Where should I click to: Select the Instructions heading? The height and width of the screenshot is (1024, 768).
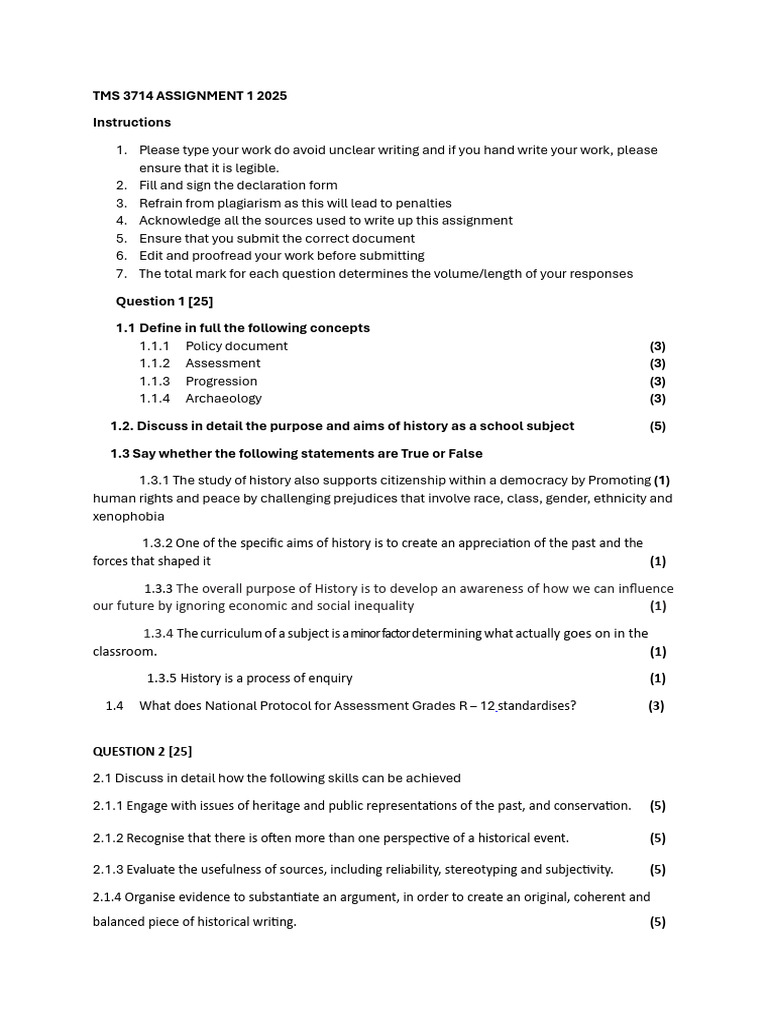click(132, 122)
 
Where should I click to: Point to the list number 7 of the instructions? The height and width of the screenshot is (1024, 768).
click(121, 273)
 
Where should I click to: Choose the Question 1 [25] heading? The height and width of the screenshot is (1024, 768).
click(164, 301)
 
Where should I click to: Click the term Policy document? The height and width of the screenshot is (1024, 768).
click(236, 346)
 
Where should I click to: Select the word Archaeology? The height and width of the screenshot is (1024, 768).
click(223, 398)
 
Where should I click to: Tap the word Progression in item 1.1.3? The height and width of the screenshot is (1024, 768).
click(221, 381)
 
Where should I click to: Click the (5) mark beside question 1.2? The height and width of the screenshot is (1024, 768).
click(657, 426)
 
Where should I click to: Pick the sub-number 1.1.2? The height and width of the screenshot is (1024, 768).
click(155, 363)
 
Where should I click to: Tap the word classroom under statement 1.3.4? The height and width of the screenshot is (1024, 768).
click(123, 651)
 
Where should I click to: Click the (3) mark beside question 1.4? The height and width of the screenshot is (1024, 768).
click(656, 705)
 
